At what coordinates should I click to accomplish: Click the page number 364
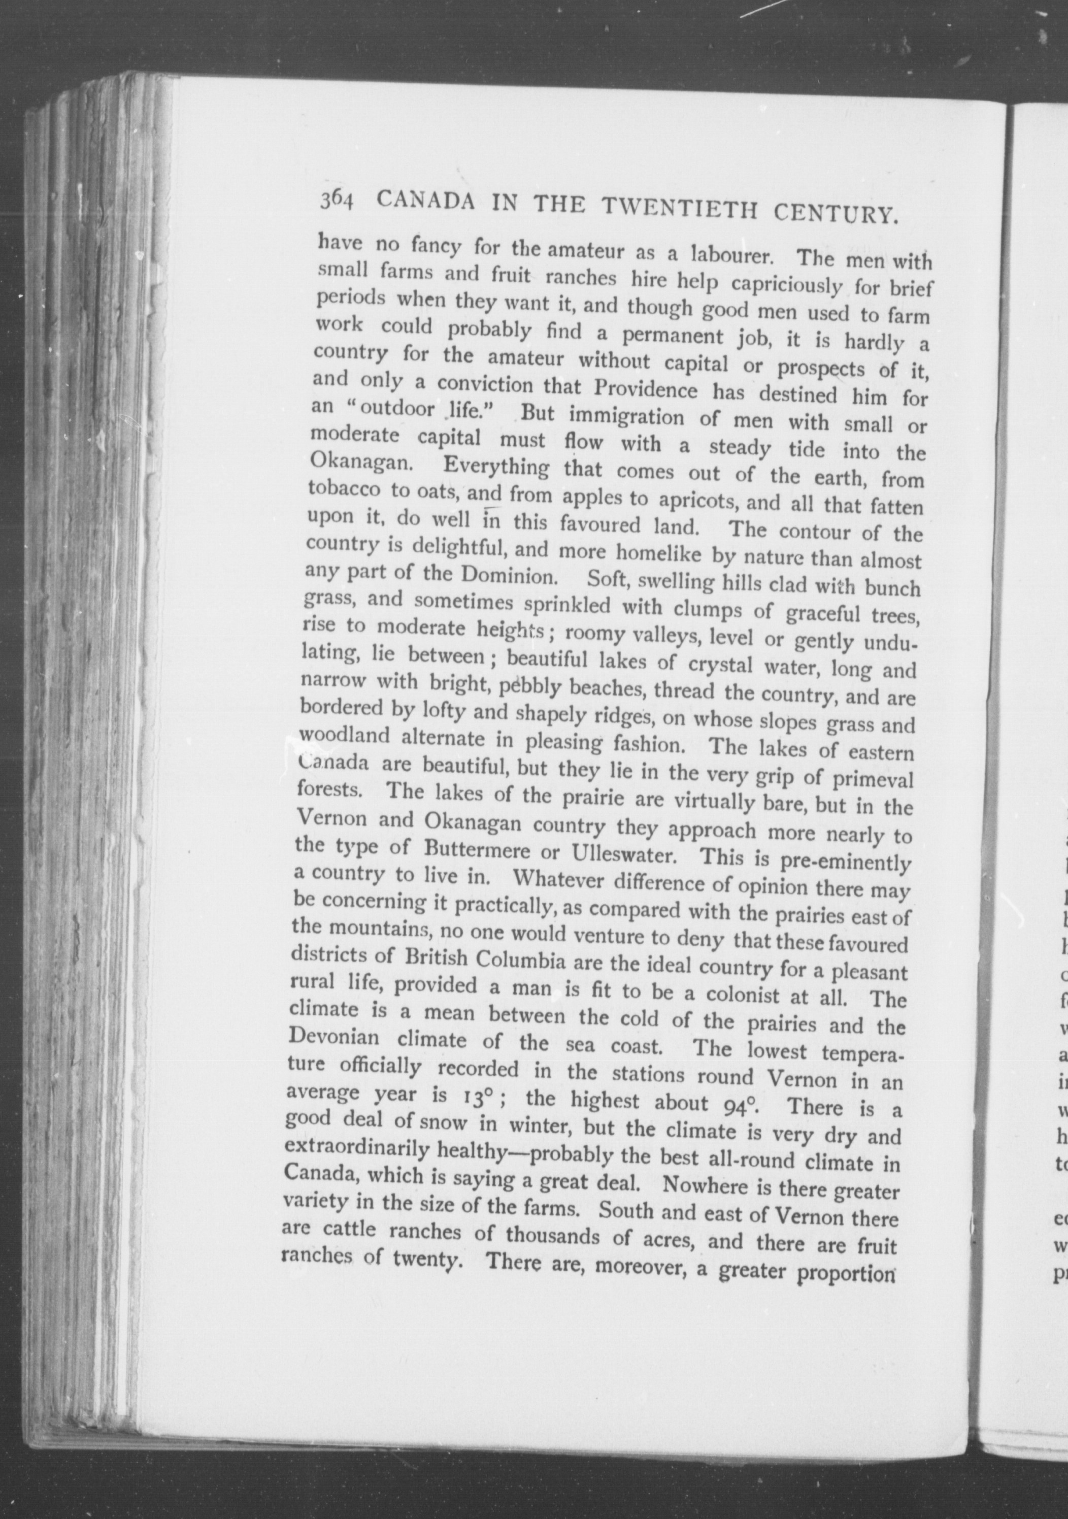click(337, 199)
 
